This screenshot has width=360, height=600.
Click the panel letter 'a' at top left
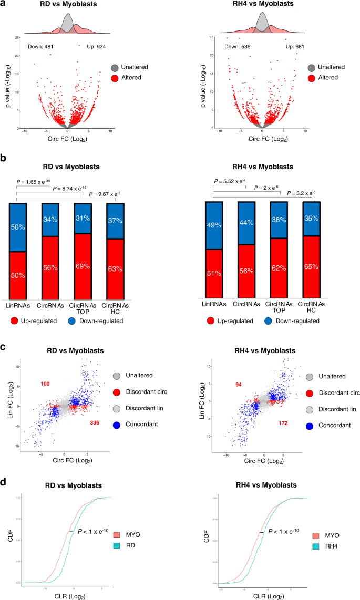point(4,5)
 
